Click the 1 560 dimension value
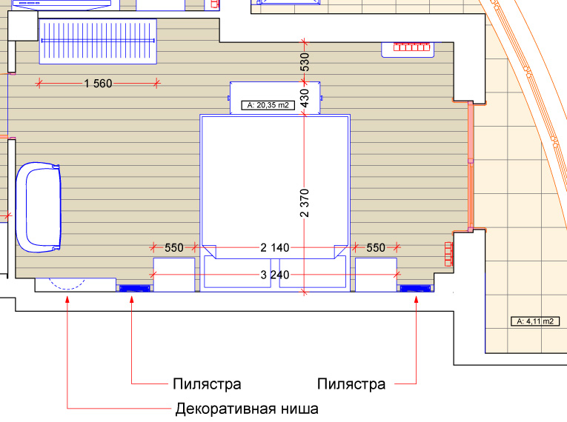[x=98, y=84]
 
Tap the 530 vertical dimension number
[x=305, y=62]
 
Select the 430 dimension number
[x=305, y=98]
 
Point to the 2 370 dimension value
[x=305, y=203]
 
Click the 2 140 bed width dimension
[x=275, y=248]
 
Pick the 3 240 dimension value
[x=275, y=275]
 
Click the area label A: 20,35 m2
[x=268, y=105]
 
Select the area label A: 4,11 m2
[x=535, y=321]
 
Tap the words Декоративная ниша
[x=247, y=409]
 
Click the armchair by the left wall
[x=39, y=207]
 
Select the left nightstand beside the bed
[x=174, y=275]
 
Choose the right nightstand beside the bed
[x=376, y=275]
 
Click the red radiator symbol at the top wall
[x=411, y=47]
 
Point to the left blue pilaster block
[x=134, y=288]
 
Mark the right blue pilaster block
[x=416, y=288]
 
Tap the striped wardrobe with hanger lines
[x=98, y=41]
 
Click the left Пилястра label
[x=207, y=384]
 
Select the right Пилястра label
[x=351, y=384]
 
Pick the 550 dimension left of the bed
[x=174, y=248]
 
